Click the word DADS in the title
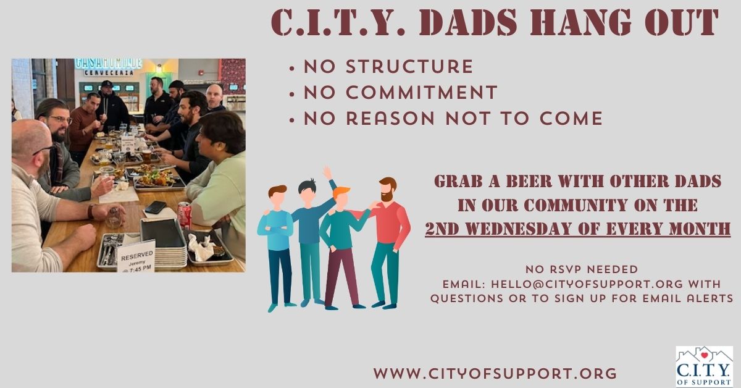(468, 22)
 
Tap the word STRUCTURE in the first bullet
(409, 67)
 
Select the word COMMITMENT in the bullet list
(422, 92)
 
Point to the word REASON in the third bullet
(390, 119)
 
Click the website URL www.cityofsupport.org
(495, 373)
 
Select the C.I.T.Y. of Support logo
(705, 366)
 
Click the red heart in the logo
(705, 355)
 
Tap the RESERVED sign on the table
(136, 257)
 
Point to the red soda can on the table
(185, 215)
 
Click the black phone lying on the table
(156, 207)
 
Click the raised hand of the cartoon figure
(327, 172)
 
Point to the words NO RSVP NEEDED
(582, 269)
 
